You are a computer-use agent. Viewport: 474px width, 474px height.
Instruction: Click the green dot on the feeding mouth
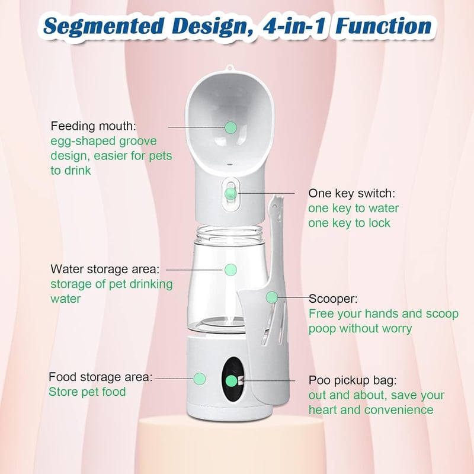click(230, 127)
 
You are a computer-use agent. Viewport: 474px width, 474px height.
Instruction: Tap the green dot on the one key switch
click(231, 194)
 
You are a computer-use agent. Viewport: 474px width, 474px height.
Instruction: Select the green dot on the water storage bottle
click(230, 270)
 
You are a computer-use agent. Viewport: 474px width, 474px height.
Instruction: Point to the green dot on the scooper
click(272, 297)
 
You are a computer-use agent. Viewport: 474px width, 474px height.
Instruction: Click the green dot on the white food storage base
click(200, 379)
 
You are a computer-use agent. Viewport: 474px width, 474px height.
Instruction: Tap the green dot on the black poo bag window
click(232, 381)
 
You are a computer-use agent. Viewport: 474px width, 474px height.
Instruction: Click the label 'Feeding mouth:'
click(94, 126)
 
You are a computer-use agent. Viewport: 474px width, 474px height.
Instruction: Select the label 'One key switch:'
click(351, 194)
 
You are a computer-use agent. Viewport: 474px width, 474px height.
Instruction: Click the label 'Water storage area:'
click(105, 269)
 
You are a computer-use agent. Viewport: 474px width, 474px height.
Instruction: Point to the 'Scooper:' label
click(333, 299)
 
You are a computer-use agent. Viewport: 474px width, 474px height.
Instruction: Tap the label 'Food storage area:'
click(101, 377)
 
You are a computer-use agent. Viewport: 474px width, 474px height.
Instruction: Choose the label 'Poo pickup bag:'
click(353, 380)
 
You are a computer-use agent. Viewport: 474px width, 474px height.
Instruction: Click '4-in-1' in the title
click(294, 25)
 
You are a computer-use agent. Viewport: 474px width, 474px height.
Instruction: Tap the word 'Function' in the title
click(383, 25)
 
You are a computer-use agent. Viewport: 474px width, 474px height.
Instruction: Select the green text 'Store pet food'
click(87, 392)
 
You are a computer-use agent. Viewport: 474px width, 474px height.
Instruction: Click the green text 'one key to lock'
click(349, 223)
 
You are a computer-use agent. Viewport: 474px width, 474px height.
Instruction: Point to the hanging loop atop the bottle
click(230, 68)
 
